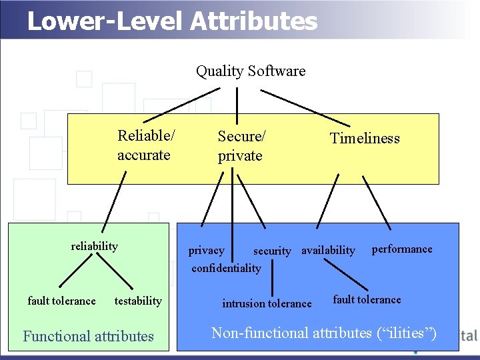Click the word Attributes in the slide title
tap(254, 21)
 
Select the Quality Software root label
tap(251, 71)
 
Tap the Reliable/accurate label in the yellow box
tap(146, 145)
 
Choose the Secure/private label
tap(241, 146)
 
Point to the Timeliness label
tap(365, 139)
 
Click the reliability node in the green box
tap(94, 246)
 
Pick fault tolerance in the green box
tap(61, 301)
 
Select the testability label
tap(138, 301)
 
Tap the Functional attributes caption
tap(88, 336)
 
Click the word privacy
tap(206, 251)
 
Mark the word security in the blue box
tap(272, 251)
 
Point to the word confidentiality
tap(226, 268)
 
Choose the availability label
tap(328, 251)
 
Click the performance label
tap(401, 249)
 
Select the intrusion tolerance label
tap(267, 303)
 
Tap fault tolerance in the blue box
tap(367, 299)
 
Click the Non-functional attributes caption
tap(324, 333)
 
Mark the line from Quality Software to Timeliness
tap(313, 107)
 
